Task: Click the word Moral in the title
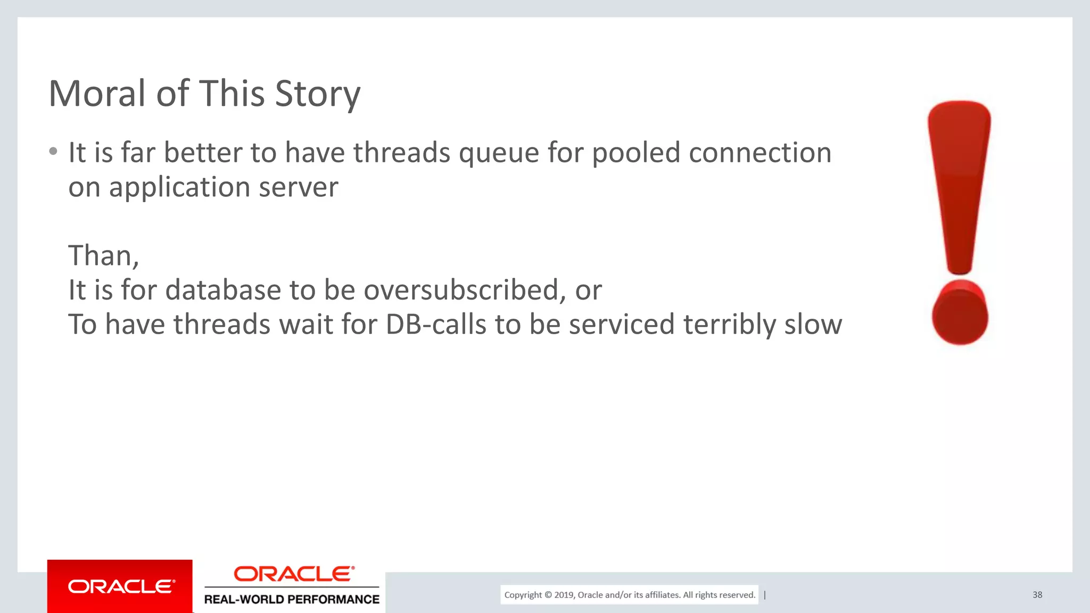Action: pos(96,94)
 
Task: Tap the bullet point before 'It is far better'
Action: pos(53,152)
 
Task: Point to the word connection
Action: pos(759,153)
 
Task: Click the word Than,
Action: pos(104,255)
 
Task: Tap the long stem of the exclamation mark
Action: pos(960,186)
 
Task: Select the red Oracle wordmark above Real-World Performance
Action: pos(294,574)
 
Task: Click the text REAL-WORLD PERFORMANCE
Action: pos(292,600)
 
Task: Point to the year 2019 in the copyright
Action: pos(564,595)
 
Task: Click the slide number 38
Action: pos(1037,595)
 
